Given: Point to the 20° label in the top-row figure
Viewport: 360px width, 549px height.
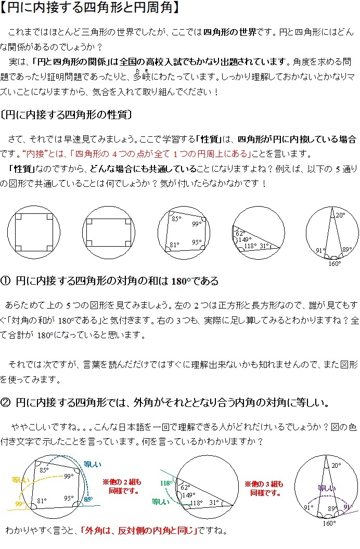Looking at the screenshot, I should [x=340, y=215].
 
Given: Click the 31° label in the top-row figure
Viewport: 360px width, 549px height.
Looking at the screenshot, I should [x=265, y=246].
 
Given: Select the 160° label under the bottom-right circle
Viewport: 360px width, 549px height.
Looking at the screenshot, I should [x=335, y=263].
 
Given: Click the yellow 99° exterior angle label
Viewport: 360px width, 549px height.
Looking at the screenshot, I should [x=20, y=504].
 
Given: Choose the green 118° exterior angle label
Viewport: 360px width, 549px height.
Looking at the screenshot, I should [x=165, y=483].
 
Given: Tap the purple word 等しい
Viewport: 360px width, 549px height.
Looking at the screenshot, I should [x=327, y=489].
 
